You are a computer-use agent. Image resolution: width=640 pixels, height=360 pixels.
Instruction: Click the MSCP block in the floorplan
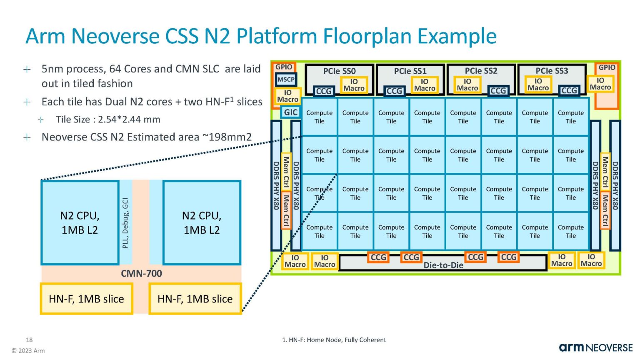[286, 80]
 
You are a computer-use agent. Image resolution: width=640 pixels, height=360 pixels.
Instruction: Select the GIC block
[290, 112]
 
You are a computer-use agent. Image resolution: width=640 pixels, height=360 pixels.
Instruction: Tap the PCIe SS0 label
[339, 71]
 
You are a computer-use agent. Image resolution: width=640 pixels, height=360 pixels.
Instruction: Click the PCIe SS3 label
[552, 71]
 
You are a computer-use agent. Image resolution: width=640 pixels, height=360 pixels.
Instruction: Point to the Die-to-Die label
[443, 265]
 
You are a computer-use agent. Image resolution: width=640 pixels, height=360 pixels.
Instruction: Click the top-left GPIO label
[284, 67]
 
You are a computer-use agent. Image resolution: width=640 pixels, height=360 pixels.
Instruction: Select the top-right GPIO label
[607, 67]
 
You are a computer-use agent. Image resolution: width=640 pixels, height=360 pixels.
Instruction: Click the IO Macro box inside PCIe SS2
[467, 85]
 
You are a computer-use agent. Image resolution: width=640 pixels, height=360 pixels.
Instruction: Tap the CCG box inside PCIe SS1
[394, 91]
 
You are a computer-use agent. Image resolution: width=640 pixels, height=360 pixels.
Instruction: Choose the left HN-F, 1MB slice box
[86, 299]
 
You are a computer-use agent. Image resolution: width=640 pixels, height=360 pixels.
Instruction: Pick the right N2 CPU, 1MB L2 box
[202, 222]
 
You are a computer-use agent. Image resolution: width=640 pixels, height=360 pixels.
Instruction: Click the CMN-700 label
[141, 273]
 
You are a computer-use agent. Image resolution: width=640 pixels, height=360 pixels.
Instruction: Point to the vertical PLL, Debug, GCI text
[125, 223]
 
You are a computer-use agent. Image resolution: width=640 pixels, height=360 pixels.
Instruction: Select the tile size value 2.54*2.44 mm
[129, 120]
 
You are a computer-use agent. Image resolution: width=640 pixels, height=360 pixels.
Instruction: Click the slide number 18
[29, 340]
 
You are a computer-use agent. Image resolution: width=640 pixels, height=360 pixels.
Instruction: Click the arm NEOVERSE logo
[595, 347]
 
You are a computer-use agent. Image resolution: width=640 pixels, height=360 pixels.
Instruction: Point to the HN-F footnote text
[334, 340]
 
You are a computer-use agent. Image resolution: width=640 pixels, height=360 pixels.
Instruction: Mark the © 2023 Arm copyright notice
[28, 350]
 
